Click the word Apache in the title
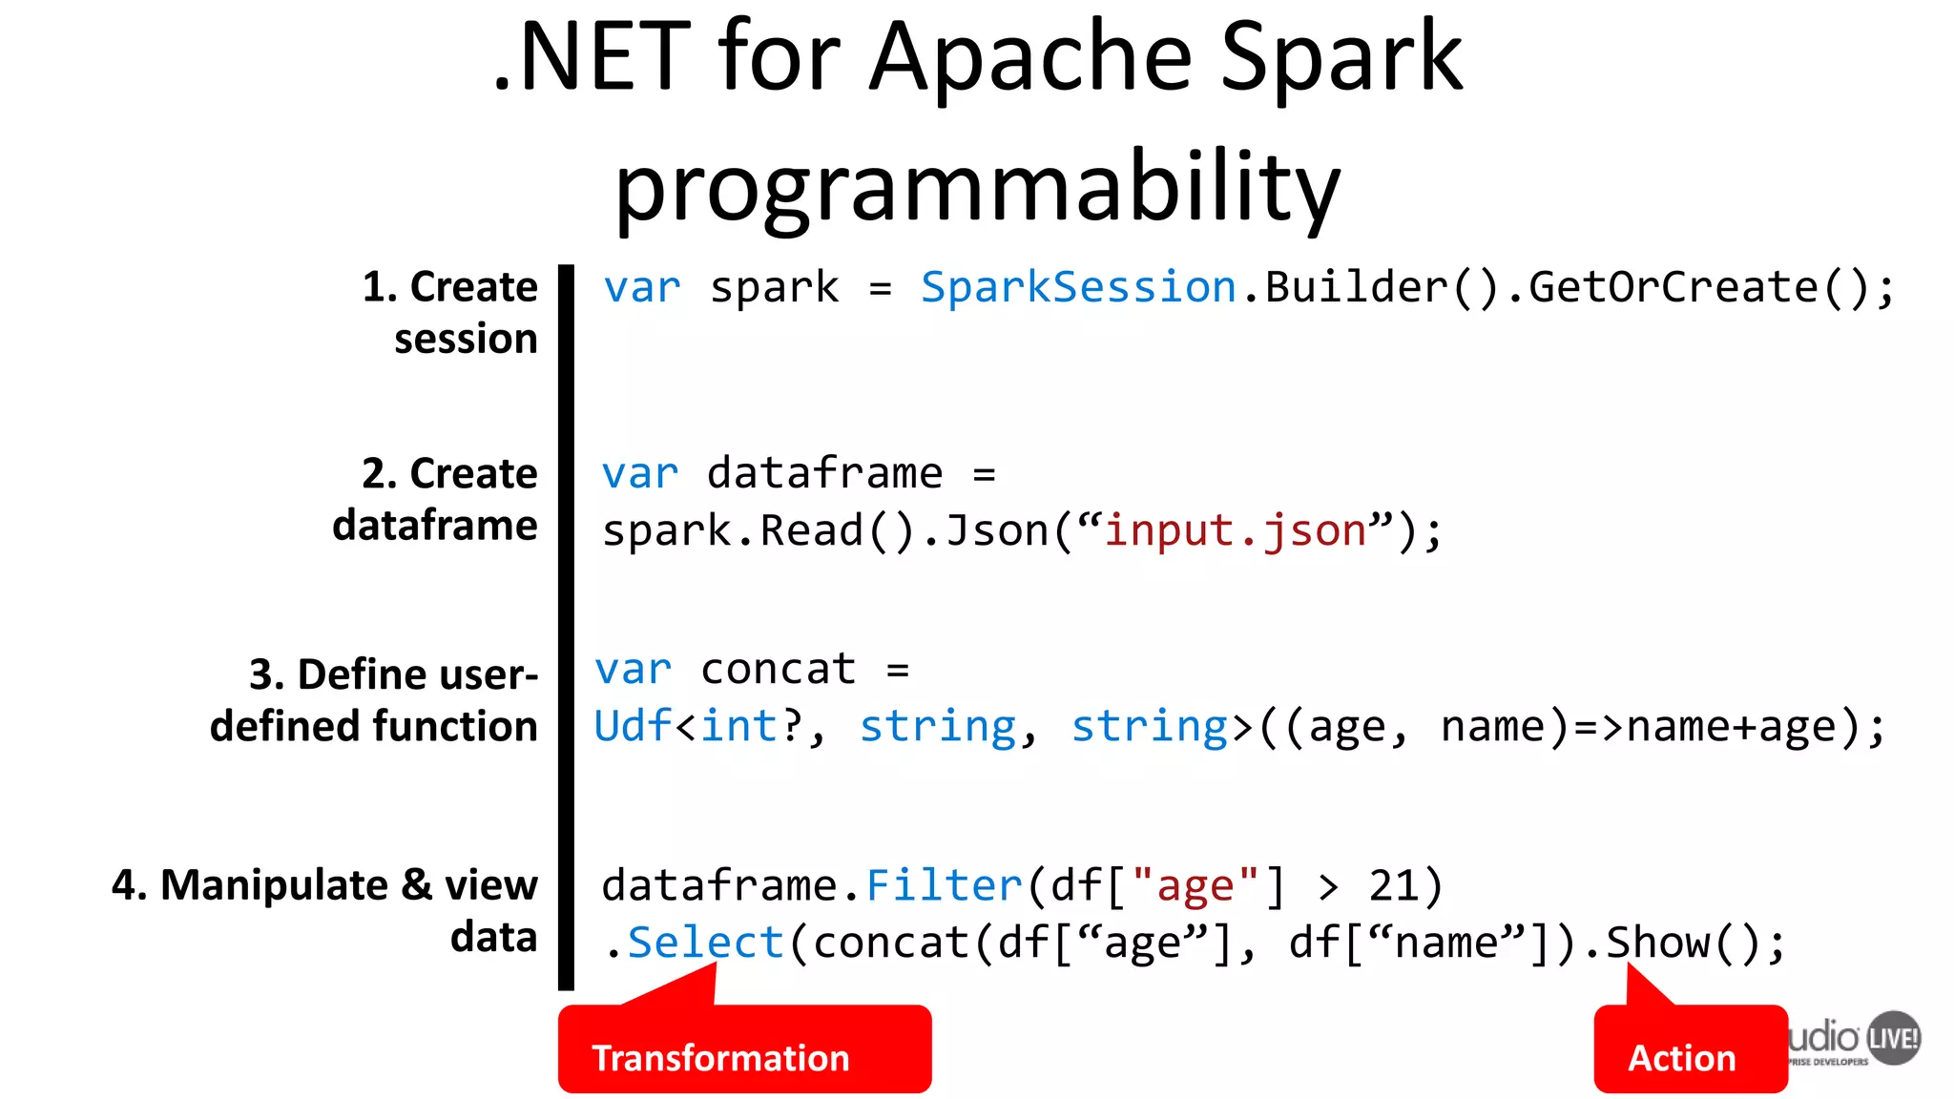(x=1030, y=59)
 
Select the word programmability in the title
(x=977, y=187)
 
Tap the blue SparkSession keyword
(x=1078, y=287)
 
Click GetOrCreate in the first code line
(x=1673, y=287)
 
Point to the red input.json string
(x=1236, y=530)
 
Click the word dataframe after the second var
(x=824, y=473)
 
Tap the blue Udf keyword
(x=633, y=727)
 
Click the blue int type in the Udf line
(x=739, y=727)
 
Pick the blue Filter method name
(x=944, y=886)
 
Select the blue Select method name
(x=705, y=943)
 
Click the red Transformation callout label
(x=720, y=1058)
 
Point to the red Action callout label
(x=1681, y=1058)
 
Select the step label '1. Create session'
(x=450, y=313)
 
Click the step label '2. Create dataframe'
(x=436, y=499)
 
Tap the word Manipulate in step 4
(x=274, y=885)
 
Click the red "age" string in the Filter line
(x=1195, y=886)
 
